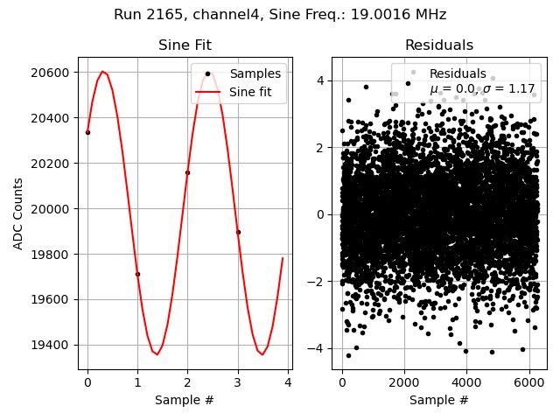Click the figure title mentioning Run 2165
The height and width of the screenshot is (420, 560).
[280, 15]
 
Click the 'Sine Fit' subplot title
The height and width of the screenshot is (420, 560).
[185, 45]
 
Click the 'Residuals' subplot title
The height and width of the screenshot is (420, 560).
[438, 45]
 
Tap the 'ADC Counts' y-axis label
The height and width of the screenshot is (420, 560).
[18, 213]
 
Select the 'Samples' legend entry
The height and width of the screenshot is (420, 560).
[255, 74]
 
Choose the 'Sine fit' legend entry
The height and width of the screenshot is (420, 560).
[255, 91]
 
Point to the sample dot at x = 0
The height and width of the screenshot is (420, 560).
[87, 132]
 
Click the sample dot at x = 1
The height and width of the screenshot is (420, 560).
[137, 274]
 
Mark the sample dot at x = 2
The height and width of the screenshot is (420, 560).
[187, 172]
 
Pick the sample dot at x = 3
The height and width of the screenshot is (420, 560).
[238, 232]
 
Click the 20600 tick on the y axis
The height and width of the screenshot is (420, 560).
[54, 73]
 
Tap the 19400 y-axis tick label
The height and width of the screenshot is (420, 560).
[54, 345]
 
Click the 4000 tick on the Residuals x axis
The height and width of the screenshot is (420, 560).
[465, 382]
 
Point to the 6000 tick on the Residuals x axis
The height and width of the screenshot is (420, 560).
[528, 382]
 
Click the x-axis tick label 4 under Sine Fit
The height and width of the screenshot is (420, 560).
[288, 382]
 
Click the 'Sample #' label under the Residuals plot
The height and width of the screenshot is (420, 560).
[438, 400]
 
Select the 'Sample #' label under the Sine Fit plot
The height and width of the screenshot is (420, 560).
[185, 400]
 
